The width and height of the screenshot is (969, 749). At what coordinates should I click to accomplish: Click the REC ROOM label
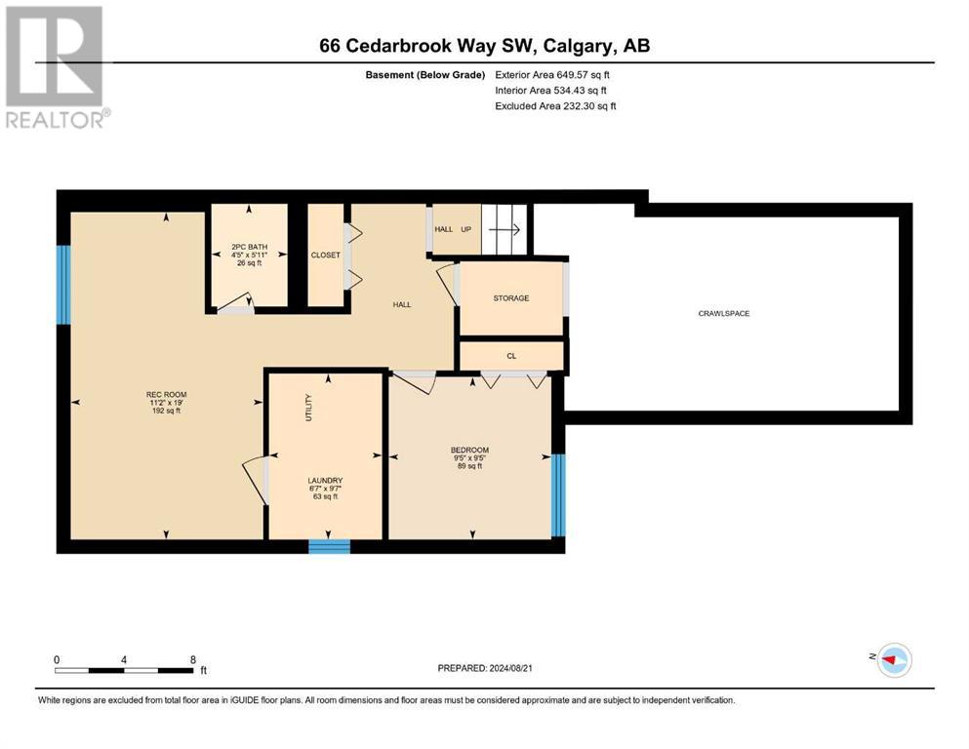point(166,395)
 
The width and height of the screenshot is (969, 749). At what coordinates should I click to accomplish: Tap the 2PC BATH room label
point(250,247)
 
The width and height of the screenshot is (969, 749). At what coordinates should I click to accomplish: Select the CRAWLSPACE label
point(724,314)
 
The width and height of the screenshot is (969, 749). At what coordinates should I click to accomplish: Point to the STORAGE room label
point(511,298)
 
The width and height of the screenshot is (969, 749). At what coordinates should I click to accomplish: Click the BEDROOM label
point(469,451)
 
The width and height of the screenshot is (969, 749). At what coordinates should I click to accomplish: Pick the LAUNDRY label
point(325,481)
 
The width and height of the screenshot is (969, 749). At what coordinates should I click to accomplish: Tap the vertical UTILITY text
point(309,408)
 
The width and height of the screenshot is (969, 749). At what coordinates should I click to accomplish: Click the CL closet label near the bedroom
point(511,356)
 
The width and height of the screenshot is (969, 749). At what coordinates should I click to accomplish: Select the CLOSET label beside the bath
point(326,255)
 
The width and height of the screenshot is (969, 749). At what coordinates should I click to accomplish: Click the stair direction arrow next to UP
point(505,230)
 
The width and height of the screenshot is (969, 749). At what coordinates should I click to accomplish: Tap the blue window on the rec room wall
point(63,285)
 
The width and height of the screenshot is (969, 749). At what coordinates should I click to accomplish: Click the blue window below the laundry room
point(330,546)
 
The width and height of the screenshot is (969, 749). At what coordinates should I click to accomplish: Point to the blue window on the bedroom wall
point(558,495)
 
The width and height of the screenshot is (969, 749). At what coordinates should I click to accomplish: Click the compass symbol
point(895,660)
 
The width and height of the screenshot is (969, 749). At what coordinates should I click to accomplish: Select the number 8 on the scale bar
point(193,659)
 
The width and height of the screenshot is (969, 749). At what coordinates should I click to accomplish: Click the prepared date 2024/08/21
point(510,668)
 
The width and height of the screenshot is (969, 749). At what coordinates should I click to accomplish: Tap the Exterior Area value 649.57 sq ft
point(584,75)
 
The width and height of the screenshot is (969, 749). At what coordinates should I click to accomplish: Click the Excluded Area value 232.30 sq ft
point(589,106)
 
